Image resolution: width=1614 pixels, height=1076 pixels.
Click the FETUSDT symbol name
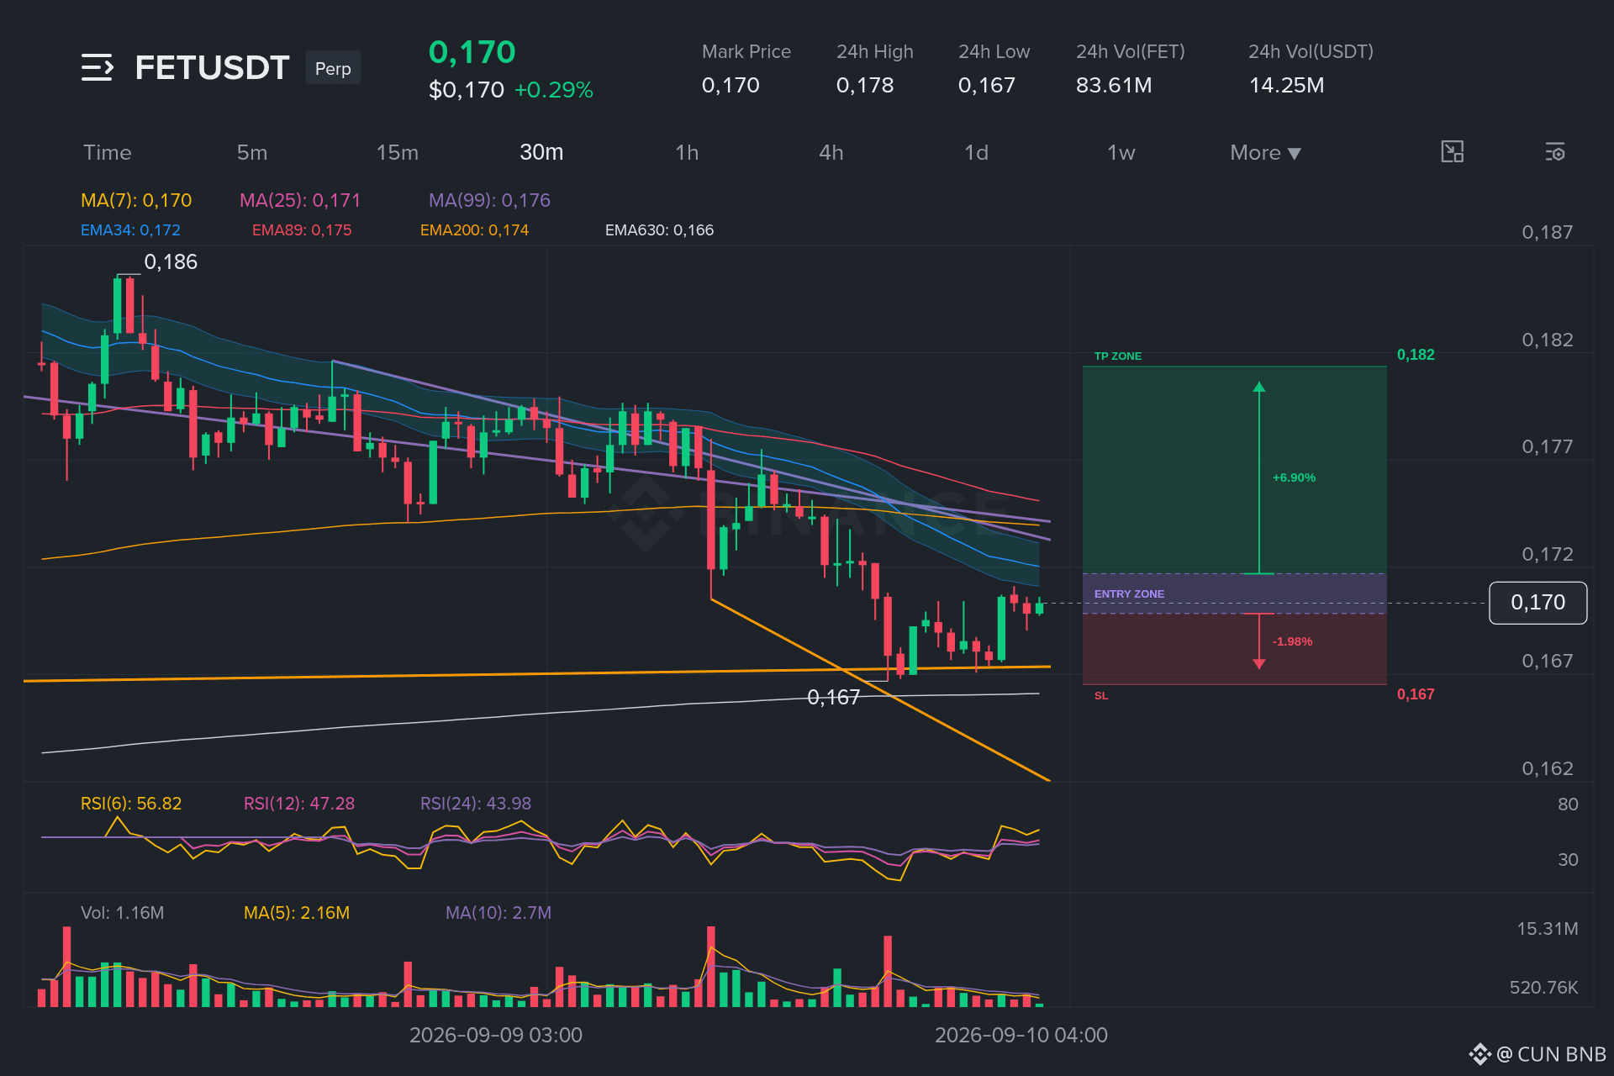tap(212, 68)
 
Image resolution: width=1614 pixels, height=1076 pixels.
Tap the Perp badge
tap(333, 69)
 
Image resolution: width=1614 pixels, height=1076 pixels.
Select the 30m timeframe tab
tap(541, 152)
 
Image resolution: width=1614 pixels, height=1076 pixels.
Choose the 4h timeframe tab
tap(831, 152)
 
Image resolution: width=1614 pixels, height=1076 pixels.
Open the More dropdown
tap(1265, 153)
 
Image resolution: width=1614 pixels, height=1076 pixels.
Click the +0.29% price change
tap(553, 90)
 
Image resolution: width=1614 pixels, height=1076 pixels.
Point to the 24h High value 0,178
tap(865, 85)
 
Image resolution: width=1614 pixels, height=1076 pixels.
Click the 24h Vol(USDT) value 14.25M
tap(1286, 85)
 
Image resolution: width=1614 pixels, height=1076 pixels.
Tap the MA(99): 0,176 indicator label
tap(489, 200)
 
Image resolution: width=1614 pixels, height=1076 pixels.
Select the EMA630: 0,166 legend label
tap(659, 230)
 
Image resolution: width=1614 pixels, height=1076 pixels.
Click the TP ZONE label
tap(1118, 356)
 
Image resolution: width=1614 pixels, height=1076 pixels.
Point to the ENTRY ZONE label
tap(1129, 594)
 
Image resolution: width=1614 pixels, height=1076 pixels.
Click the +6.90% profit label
tap(1294, 477)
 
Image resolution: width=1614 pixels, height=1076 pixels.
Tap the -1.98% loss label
tap(1292, 641)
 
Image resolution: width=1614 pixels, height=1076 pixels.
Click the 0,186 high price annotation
tap(171, 262)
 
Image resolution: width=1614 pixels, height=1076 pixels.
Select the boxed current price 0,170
tap(1538, 603)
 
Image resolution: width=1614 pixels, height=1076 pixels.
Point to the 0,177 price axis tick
tap(1547, 446)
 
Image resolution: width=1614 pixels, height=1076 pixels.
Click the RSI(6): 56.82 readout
tap(131, 804)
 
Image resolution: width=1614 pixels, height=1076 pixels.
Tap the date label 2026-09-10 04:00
tap(1021, 1035)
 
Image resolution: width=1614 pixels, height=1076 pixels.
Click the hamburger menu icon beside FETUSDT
tap(97, 67)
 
